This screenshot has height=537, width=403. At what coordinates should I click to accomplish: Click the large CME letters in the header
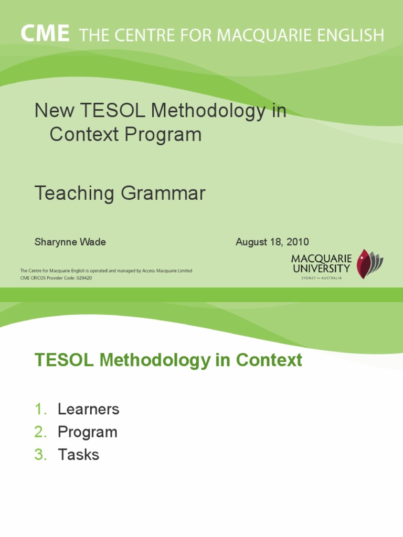click(45, 35)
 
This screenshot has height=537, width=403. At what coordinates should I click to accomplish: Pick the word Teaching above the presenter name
click(75, 194)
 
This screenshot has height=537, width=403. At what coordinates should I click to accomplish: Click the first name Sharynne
click(55, 242)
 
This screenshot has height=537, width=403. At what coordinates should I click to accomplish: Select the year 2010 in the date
click(298, 242)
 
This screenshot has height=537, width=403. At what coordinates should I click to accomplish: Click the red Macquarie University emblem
click(364, 263)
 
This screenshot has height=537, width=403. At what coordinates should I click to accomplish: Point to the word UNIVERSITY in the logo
click(321, 268)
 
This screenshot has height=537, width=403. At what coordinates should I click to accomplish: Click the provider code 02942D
click(82, 278)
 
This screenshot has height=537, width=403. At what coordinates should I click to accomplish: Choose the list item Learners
click(88, 409)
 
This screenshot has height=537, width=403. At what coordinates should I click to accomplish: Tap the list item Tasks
click(78, 455)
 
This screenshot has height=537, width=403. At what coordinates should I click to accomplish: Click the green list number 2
click(40, 432)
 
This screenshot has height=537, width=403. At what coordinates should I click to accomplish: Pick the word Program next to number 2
click(87, 432)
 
